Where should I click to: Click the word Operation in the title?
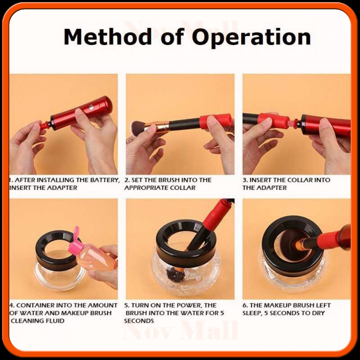click(251, 38)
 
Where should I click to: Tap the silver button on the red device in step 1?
click(91, 107)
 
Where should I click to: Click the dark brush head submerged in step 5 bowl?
click(171, 274)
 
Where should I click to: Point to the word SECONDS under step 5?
click(139, 321)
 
